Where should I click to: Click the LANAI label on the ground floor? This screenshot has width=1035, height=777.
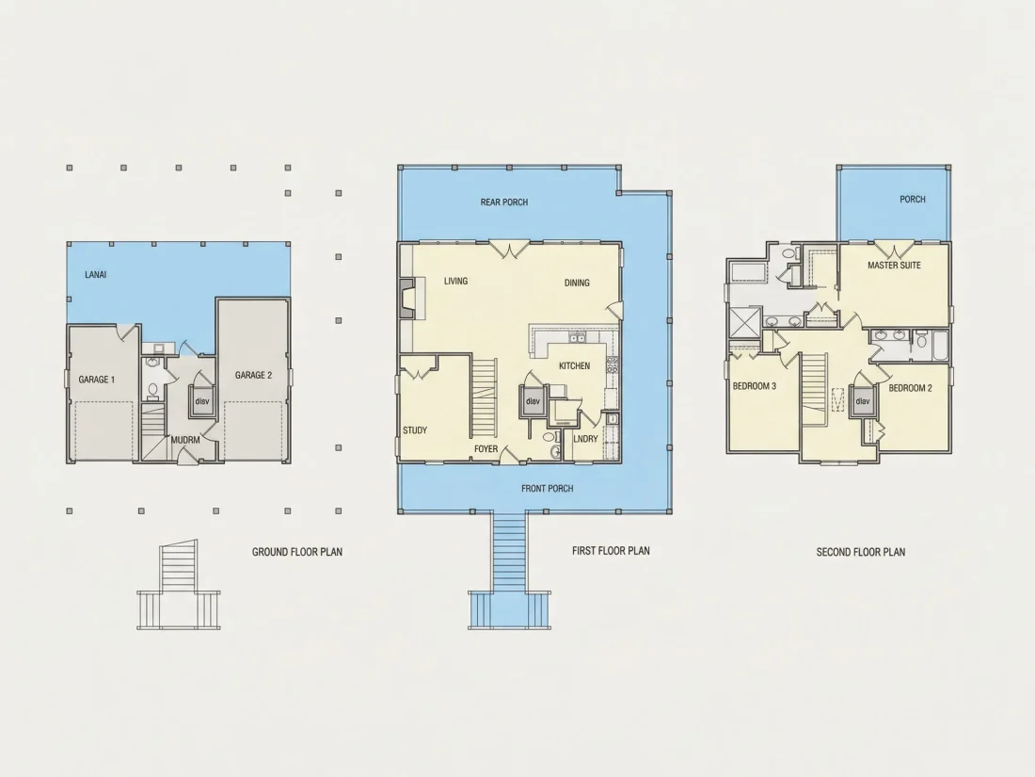point(96,274)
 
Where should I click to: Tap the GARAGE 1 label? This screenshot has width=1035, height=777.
point(96,380)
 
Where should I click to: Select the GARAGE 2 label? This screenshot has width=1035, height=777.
point(253,375)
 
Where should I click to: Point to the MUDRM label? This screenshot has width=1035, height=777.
point(185,440)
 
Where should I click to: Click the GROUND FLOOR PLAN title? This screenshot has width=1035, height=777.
point(297,552)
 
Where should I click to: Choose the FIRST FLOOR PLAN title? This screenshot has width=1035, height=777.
point(611,550)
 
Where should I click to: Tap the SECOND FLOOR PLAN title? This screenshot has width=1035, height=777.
point(861,552)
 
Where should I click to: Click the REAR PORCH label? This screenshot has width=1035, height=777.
point(504,202)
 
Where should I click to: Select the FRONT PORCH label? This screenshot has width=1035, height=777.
point(548,488)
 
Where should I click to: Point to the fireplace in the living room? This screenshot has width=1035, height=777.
point(407,299)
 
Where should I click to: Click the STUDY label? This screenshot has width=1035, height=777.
point(415,430)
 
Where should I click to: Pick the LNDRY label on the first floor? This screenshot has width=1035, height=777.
point(585,439)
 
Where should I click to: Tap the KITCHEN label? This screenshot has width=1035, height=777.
point(574,366)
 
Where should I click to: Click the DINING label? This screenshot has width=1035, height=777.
point(577,283)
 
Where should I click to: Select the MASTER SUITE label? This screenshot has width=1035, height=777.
point(894,265)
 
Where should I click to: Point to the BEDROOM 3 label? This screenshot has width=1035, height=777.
point(755,386)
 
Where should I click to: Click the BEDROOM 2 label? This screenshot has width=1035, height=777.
point(910,388)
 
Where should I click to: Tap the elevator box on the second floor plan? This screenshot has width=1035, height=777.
point(863,402)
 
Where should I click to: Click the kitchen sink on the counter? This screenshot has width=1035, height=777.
point(579,339)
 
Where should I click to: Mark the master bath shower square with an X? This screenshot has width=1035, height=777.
point(744,323)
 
